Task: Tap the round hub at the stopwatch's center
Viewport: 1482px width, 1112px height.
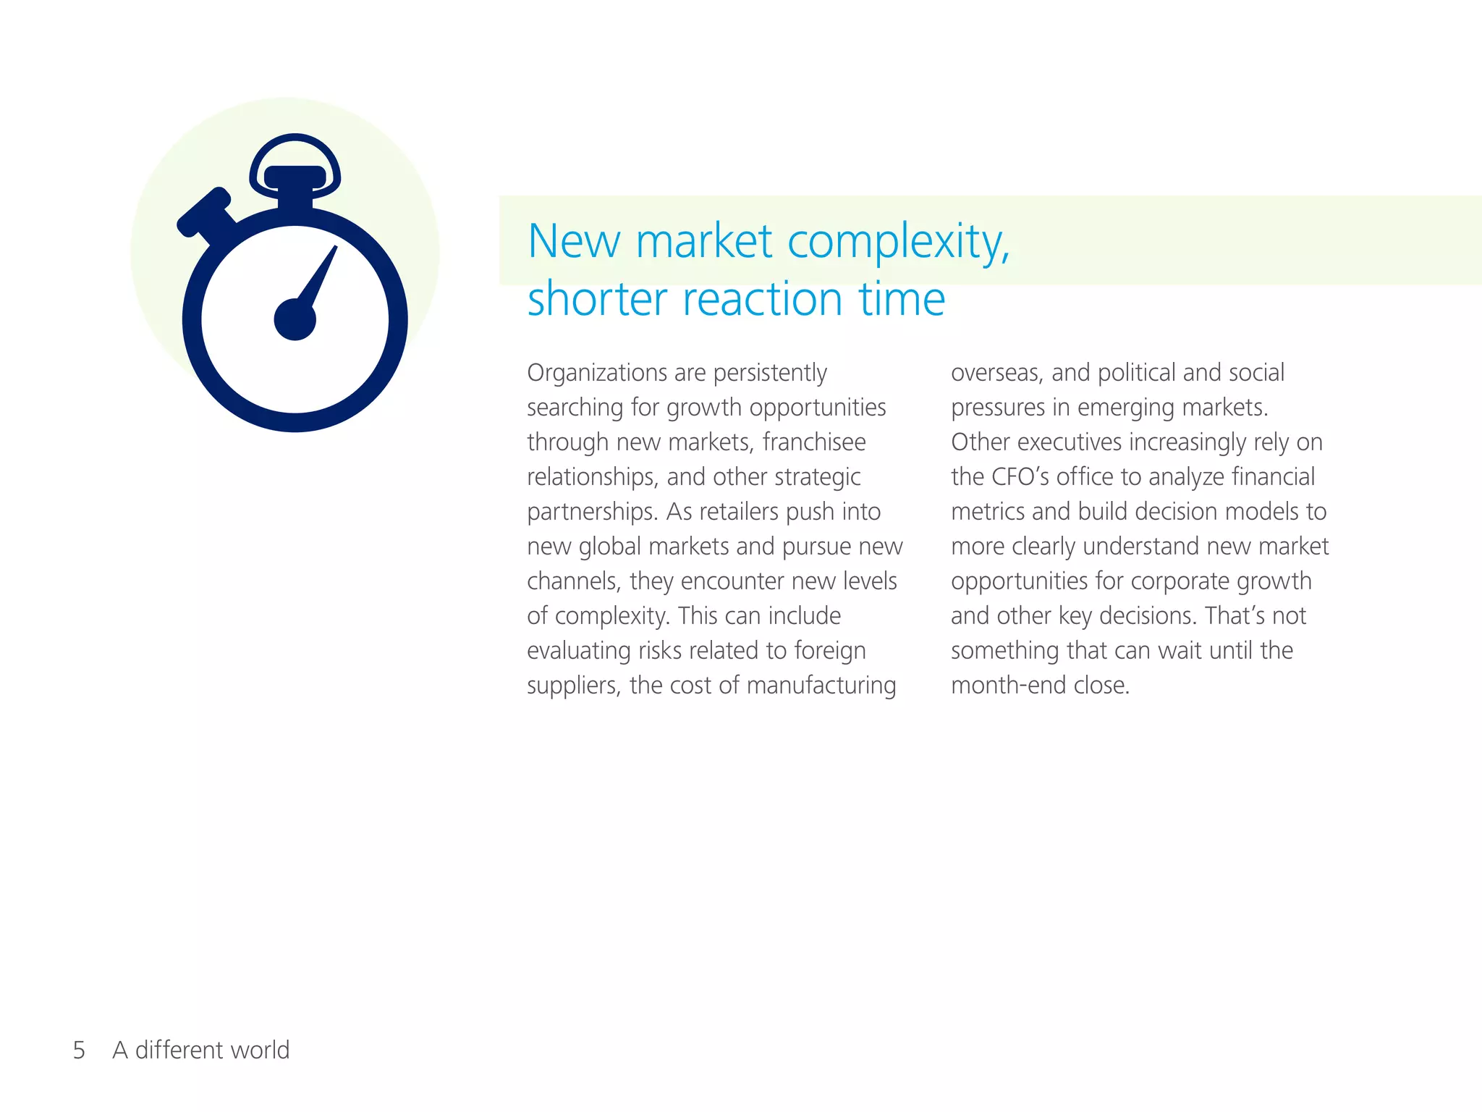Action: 295,319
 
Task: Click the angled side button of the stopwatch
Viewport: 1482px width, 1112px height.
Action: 205,211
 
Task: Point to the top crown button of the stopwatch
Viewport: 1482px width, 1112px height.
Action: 295,177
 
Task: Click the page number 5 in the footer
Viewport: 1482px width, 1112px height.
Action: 79,1050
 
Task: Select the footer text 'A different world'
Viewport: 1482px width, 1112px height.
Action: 201,1050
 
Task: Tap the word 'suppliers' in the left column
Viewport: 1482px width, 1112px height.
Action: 572,686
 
